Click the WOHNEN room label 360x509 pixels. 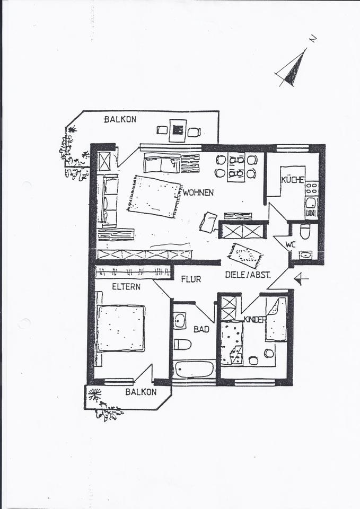(198, 192)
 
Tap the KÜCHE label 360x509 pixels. (293, 180)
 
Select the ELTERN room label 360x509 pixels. (126, 287)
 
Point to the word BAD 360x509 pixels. (201, 329)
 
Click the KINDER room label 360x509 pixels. (254, 319)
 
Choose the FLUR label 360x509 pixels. (191, 279)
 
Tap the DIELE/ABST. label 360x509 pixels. (248, 275)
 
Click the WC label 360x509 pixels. (290, 244)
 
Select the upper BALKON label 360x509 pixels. (120, 119)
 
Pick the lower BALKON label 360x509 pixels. (141, 392)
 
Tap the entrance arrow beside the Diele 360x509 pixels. (301, 278)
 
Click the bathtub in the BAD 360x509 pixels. (194, 369)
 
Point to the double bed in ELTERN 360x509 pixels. (120, 328)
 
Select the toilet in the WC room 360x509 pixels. (305, 231)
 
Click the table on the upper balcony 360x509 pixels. (178, 129)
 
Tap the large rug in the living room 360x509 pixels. (154, 196)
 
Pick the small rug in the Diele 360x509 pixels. (245, 255)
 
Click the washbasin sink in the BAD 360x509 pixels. (180, 321)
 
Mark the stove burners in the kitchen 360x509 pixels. (311, 188)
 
